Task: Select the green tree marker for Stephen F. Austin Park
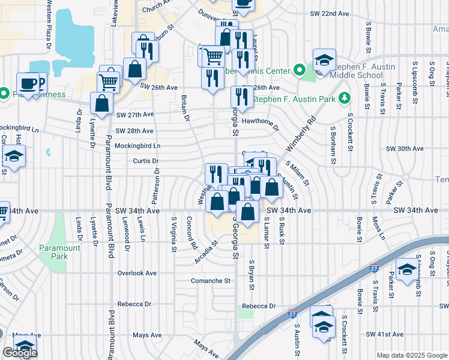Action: (344, 98)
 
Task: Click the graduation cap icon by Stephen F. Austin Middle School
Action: (324, 61)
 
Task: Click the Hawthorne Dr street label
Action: (260, 124)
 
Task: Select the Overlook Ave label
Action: (137, 273)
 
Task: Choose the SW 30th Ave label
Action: (405, 148)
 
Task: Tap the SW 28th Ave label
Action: (134, 131)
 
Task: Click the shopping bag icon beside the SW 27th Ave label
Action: (101, 103)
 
